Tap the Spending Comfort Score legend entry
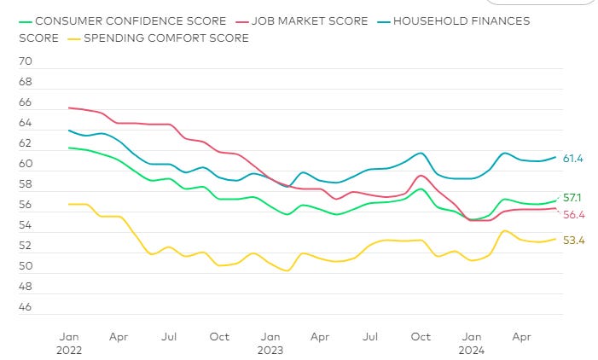coord(166,38)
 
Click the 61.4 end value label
coord(574,159)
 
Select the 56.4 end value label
coord(574,214)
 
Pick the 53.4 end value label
coord(574,241)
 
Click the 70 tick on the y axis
coord(26,62)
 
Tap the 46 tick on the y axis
coord(26,307)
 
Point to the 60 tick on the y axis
coord(26,165)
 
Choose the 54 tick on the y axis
coord(26,226)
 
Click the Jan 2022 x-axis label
coord(68,343)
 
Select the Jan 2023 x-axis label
coord(270,343)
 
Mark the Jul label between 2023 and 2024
coord(371,337)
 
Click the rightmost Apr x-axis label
coord(522,337)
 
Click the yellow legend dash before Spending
coord(76,38)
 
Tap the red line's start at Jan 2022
coord(68,107)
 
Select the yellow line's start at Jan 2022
coord(68,204)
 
